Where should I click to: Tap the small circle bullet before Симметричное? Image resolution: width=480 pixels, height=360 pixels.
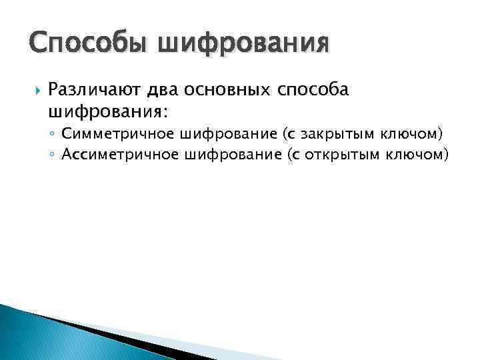(52, 134)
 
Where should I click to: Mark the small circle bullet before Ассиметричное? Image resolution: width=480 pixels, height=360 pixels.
(52, 155)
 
